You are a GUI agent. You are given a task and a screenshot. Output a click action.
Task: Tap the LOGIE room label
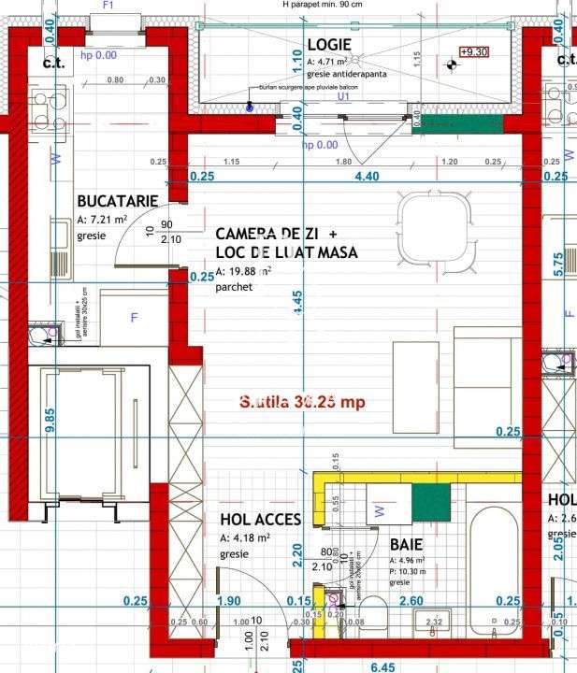pyautogui.click(x=328, y=44)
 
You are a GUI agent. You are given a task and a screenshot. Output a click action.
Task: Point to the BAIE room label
pyautogui.click(x=407, y=543)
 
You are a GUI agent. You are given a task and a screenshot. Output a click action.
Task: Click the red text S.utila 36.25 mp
pyautogui.click(x=301, y=401)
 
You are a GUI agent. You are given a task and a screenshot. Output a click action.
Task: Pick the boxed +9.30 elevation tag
pyautogui.click(x=474, y=52)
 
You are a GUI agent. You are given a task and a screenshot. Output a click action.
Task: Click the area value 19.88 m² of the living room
pyautogui.click(x=244, y=272)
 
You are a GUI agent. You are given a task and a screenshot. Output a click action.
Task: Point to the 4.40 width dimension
pyautogui.click(x=365, y=176)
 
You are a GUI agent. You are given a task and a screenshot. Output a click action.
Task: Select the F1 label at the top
pyautogui.click(x=108, y=5)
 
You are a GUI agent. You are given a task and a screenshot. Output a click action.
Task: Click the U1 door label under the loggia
pyautogui.click(x=343, y=95)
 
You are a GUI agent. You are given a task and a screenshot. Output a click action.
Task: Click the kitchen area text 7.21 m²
pyautogui.click(x=102, y=220)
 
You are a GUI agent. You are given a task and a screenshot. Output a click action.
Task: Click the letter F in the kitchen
pyautogui.click(x=134, y=318)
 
